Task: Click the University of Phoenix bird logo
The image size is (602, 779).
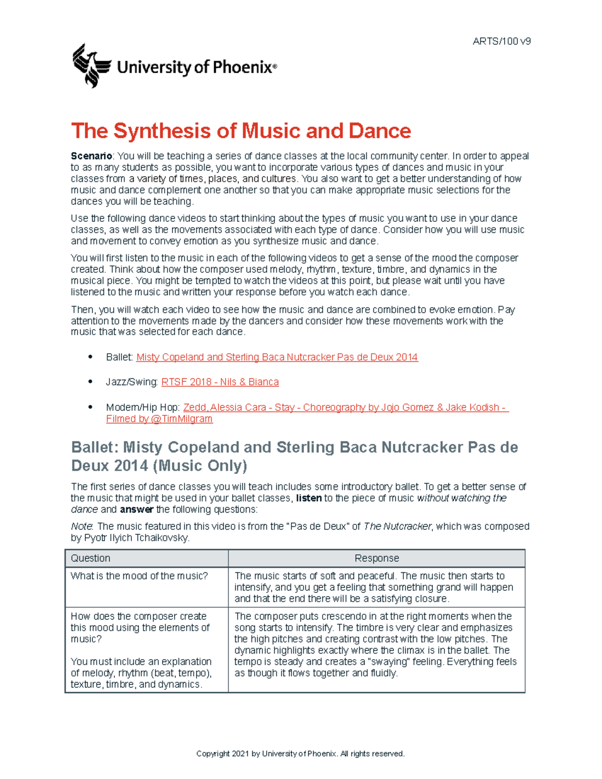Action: (91, 66)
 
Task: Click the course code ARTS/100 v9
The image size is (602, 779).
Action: (501, 41)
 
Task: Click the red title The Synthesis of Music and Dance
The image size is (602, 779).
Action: (241, 131)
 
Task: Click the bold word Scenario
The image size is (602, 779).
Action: (91, 157)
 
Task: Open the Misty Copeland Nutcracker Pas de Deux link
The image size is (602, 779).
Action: (277, 357)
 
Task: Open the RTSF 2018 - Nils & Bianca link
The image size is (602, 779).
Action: (220, 382)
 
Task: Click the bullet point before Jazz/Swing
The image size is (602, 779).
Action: (90, 382)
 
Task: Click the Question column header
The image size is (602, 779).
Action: (90, 558)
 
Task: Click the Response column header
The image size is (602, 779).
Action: (376, 558)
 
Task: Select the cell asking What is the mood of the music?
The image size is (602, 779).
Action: (139, 576)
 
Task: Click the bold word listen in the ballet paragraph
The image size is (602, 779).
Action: (309, 498)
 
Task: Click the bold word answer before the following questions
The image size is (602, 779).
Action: (136, 510)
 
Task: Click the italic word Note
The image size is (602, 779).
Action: (81, 527)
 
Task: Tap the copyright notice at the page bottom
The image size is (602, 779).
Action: (300, 753)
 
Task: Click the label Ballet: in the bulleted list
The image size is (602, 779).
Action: (119, 357)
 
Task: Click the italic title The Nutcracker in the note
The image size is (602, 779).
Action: (397, 527)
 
